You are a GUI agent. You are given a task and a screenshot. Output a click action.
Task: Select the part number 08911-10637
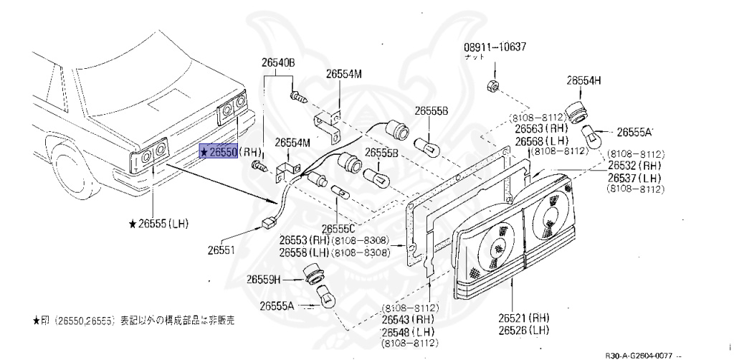click(x=495, y=47)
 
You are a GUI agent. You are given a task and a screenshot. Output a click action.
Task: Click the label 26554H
click(x=584, y=81)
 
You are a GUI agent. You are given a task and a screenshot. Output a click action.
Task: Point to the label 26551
click(x=221, y=250)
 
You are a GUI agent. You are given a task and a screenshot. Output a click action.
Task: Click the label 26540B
click(x=278, y=63)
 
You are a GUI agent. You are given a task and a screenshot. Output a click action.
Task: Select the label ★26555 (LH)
click(x=158, y=224)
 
